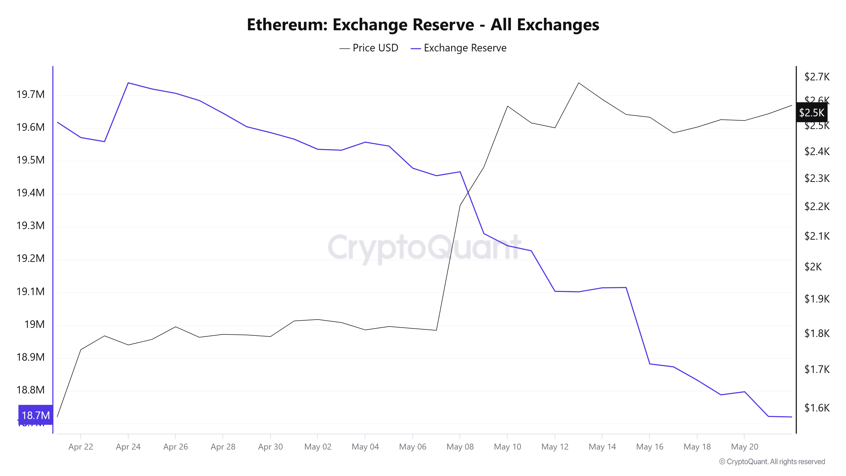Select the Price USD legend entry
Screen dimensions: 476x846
click(x=369, y=48)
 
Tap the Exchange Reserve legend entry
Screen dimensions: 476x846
click(x=459, y=48)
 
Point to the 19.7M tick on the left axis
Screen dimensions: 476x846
click(x=30, y=95)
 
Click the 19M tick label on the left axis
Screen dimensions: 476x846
click(x=34, y=325)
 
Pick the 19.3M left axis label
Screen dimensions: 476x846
click(x=30, y=226)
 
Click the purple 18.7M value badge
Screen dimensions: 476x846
click(x=36, y=415)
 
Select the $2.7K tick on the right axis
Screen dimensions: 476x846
click(x=817, y=77)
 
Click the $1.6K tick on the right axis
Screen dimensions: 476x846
click(x=817, y=408)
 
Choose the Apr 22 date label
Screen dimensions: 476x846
click(x=81, y=447)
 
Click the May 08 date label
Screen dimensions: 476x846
click(x=460, y=447)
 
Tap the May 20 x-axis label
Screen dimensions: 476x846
click(x=744, y=447)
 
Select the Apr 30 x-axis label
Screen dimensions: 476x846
click(x=270, y=447)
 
